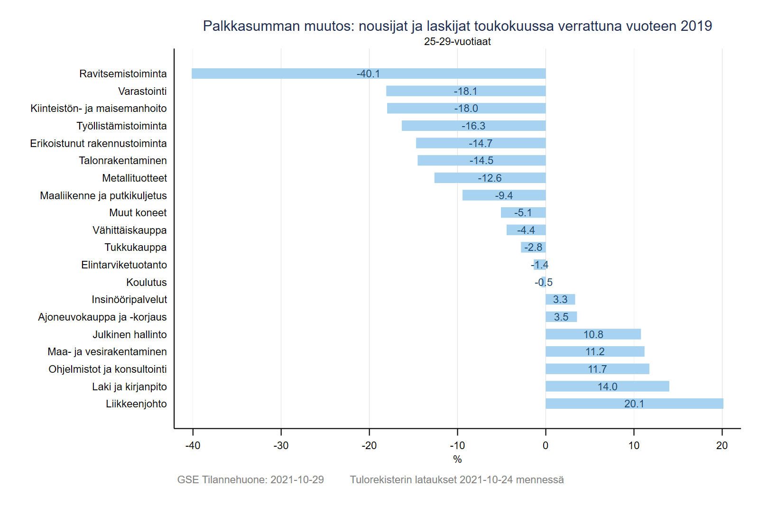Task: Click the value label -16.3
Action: pos(473,126)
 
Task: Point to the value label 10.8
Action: pos(593,335)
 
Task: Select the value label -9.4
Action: pos(504,196)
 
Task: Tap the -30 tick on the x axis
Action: pos(281,446)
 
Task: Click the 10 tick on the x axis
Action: pos(634,446)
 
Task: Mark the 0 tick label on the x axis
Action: pos(546,446)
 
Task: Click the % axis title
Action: pos(457,460)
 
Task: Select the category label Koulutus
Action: pos(147,283)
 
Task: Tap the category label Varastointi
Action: pos(142,92)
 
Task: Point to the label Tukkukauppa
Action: pos(136,248)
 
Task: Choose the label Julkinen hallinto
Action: pos(130,335)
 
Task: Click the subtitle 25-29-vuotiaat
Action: pos(457,42)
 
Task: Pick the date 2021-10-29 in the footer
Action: pos(297,480)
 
